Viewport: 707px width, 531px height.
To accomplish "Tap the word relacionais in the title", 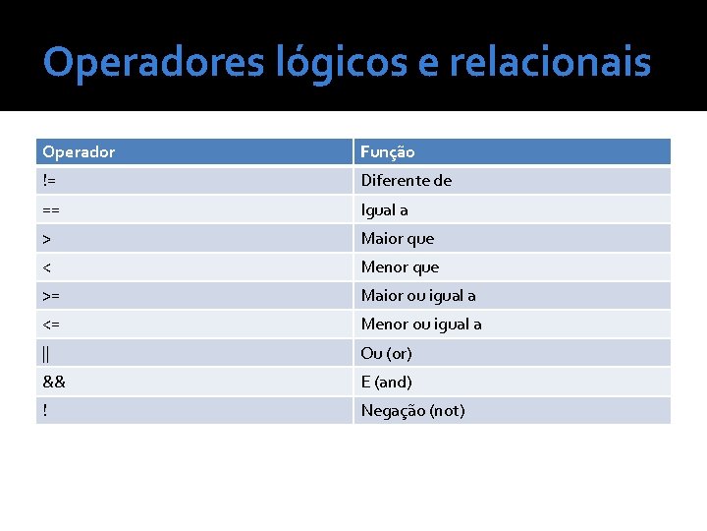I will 550,63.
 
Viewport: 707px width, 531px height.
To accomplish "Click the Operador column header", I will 79,152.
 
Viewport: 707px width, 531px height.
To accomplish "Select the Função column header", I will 388,152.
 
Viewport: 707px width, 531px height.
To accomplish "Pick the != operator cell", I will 49,181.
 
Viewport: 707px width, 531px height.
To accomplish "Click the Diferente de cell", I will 407,181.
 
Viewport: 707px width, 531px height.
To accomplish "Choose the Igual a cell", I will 385,209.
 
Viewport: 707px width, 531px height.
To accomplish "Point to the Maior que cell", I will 398,238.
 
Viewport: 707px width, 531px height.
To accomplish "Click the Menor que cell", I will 401,266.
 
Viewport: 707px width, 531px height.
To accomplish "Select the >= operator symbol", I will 51,295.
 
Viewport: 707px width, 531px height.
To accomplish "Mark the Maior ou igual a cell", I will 418,295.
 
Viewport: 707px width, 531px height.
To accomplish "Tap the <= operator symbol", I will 51,324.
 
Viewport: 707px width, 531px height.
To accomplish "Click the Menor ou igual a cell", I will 421,324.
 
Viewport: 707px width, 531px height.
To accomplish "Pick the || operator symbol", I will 46,353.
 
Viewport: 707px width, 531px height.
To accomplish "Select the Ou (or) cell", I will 386,353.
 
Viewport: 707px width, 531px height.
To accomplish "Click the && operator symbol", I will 54,382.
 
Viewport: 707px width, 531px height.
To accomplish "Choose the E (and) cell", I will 386,382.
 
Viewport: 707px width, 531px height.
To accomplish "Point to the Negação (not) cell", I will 413,410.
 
